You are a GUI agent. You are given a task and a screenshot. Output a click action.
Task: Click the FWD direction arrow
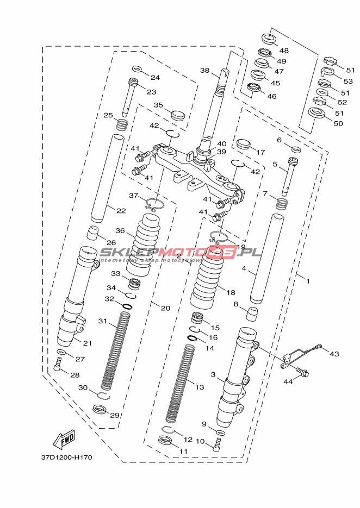pos(64,440)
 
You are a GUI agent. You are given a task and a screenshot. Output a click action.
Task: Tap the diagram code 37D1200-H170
pos(67,457)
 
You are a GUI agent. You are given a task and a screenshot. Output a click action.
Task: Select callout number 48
pos(284,51)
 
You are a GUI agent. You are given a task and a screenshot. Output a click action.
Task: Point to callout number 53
pos(348,81)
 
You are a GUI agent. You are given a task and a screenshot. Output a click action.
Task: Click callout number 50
pos(338,123)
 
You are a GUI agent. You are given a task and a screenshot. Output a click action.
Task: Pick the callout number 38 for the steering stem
pos(204,70)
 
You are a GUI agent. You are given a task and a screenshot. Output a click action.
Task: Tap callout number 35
pos(158,105)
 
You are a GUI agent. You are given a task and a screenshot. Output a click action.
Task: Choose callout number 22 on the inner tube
pos(121,211)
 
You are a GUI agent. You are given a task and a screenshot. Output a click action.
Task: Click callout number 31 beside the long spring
pos(102,321)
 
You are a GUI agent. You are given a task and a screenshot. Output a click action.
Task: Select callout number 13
pos(200,387)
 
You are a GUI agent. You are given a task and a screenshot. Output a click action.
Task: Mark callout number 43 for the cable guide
pos(334,354)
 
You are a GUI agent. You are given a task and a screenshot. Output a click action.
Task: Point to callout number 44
pos(288,381)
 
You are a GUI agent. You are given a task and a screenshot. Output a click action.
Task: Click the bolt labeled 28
pos(58,365)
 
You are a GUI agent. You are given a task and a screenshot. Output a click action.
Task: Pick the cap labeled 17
pos(244,143)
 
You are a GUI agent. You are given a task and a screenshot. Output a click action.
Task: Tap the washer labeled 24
pos(137,69)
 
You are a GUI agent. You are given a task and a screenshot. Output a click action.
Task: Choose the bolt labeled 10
pos(217,444)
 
